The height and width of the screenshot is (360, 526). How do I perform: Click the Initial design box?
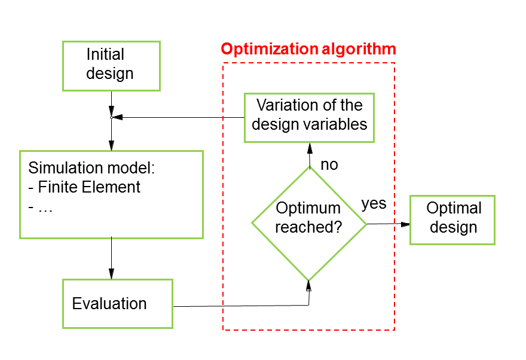[x=111, y=66]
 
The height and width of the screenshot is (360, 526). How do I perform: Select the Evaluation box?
[x=118, y=304]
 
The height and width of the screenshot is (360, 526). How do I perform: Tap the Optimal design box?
[x=452, y=219]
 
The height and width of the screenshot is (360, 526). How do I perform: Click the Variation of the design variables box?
[x=309, y=118]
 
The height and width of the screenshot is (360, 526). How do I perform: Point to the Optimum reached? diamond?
[x=309, y=224]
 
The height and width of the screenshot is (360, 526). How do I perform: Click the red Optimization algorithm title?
[x=308, y=49]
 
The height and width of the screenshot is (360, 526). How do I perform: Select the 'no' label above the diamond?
[x=329, y=164]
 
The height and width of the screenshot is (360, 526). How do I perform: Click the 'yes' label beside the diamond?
[x=374, y=204]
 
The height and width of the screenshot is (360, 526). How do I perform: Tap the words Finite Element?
[x=89, y=187]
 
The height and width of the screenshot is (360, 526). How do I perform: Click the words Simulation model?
[x=91, y=168]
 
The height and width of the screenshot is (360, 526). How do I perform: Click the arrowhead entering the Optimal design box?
[x=406, y=224]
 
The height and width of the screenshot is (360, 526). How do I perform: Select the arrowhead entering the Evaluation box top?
[x=111, y=273]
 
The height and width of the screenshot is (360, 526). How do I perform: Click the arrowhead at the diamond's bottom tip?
[x=308, y=286]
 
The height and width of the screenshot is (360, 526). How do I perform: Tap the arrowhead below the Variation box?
[x=310, y=148]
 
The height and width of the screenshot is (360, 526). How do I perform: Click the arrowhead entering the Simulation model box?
[x=111, y=145]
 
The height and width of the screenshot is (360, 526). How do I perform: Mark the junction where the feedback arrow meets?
[x=111, y=117]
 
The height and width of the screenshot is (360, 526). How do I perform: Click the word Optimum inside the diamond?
[x=308, y=208]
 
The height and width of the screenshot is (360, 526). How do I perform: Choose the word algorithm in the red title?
[x=359, y=49]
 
